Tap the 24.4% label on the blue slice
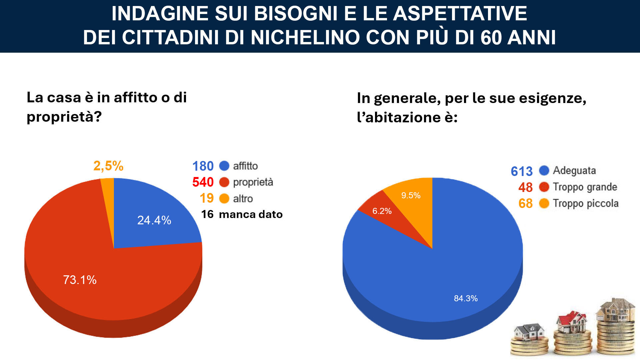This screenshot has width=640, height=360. click(x=154, y=220)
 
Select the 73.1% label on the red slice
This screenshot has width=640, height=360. click(x=80, y=280)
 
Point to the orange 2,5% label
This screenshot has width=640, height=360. click(x=108, y=166)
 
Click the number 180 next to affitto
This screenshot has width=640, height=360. click(x=203, y=166)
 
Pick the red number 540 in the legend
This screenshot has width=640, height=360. click(x=203, y=182)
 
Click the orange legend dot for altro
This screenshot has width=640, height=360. click(x=224, y=198)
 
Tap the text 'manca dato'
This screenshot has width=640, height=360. click(x=251, y=214)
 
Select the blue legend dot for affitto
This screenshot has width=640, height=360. click(x=224, y=166)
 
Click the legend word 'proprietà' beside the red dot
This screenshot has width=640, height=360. click(x=253, y=182)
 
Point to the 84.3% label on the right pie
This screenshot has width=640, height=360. click(x=466, y=298)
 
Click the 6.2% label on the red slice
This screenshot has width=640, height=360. click(x=382, y=211)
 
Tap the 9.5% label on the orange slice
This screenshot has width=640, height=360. click(x=411, y=195)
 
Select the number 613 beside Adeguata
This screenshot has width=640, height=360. click(x=522, y=171)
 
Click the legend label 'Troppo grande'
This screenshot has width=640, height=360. click(x=585, y=187)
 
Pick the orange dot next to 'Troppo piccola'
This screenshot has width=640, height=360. click(x=544, y=203)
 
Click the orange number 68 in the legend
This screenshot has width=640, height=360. click(x=526, y=203)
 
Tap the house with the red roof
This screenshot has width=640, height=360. click(x=572, y=322)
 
